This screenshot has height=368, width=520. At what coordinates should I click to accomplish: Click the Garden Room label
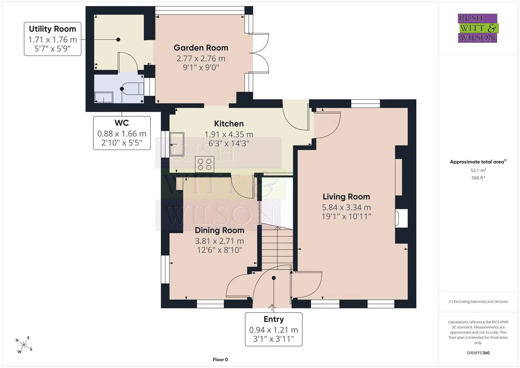click(201, 48)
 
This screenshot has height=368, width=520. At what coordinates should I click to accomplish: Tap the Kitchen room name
click(229, 124)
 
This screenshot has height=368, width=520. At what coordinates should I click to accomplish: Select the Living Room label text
click(346, 197)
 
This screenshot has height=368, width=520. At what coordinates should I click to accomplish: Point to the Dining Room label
click(219, 230)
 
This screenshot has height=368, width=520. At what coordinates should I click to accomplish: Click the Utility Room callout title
click(52, 29)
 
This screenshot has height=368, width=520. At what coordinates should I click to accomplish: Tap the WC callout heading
click(122, 123)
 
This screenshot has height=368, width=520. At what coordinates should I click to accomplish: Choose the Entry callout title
click(274, 319)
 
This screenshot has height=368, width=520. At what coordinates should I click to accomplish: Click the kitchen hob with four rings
click(205, 164)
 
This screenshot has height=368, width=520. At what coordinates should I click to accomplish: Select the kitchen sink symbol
click(177, 144)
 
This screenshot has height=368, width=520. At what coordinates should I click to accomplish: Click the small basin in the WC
click(104, 97)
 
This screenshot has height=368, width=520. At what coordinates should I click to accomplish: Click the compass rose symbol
click(24, 345)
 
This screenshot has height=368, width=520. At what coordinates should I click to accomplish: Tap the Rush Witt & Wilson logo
click(478, 28)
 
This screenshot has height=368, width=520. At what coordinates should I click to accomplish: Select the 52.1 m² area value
click(478, 170)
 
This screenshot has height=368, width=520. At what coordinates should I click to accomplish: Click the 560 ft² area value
click(478, 178)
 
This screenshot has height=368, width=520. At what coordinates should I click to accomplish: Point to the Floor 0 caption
click(220, 359)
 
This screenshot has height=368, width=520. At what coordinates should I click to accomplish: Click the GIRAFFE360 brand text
click(478, 353)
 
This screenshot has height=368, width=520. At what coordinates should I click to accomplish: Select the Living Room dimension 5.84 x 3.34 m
click(346, 207)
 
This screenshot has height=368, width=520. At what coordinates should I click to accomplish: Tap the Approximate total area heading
click(478, 162)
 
